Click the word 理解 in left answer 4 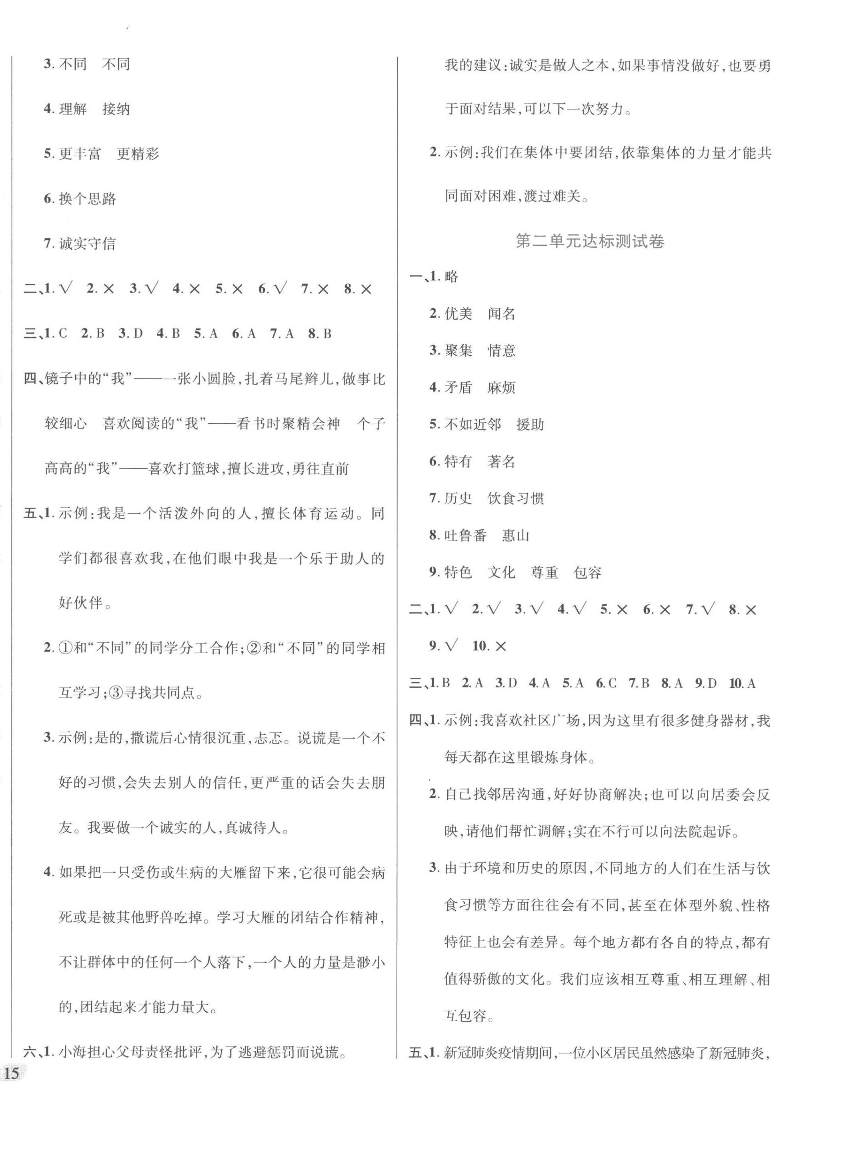tap(73, 109)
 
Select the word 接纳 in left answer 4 tap(116, 109)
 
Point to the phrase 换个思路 tap(87, 198)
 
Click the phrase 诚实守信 tap(87, 243)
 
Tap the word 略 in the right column tap(452, 276)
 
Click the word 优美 tap(458, 314)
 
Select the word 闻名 tap(501, 314)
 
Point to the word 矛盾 tap(458, 387)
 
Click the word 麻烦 tap(501, 387)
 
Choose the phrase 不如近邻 tap(473, 425)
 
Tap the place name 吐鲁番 tap(465, 535)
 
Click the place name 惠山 tap(516, 535)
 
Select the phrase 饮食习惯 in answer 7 tap(516, 498)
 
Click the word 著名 tap(501, 461)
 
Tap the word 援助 tap(530, 425)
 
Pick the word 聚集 tap(458, 351)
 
